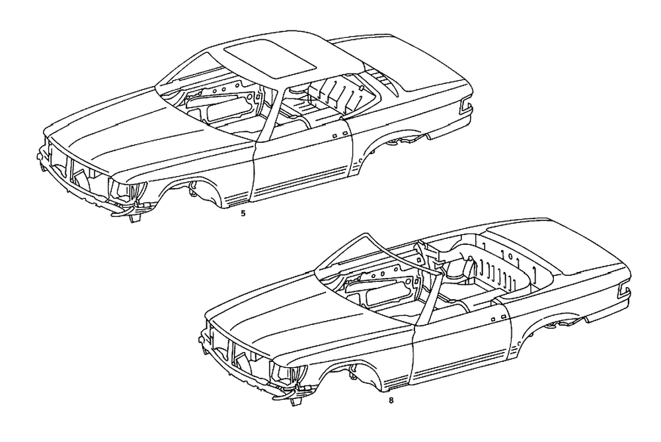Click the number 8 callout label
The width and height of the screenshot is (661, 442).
[x=391, y=399]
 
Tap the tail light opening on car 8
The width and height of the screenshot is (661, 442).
[x=625, y=290]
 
